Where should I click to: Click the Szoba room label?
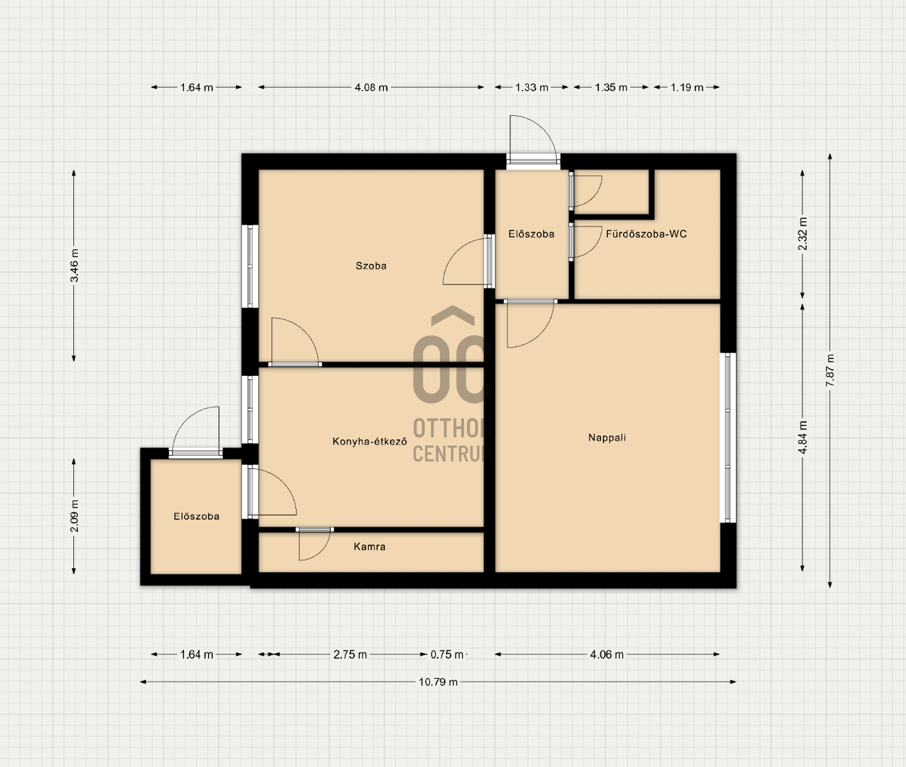(371, 266)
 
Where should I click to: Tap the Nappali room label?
(607, 438)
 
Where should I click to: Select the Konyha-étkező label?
(370, 441)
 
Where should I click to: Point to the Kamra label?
(369, 546)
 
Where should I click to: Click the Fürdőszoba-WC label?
(646, 234)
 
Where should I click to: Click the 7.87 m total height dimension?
(829, 371)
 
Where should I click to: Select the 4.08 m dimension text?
(371, 88)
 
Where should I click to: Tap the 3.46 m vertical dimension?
(74, 266)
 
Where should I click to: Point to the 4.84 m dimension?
(802, 438)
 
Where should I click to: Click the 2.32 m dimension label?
(802, 234)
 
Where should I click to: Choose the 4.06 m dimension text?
(607, 655)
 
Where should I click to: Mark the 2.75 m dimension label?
(350, 655)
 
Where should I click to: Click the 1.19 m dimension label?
(687, 88)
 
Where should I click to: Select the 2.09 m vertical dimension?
(74, 516)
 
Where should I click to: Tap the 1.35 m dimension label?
(611, 88)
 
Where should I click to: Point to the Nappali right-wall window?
(728, 438)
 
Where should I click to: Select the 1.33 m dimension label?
(532, 88)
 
